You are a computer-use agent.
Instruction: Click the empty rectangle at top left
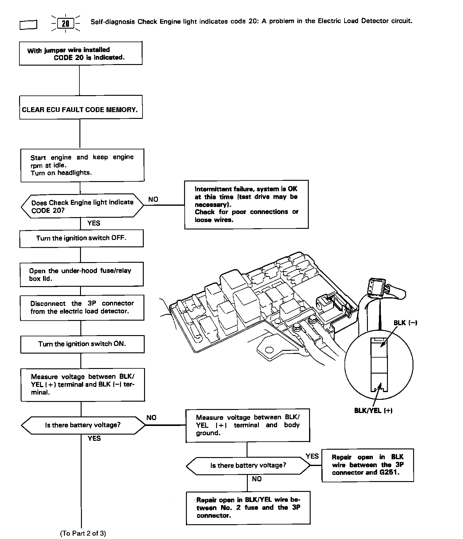pyautogui.click(x=28, y=25)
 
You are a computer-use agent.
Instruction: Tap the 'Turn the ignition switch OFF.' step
pyautogui.click(x=81, y=238)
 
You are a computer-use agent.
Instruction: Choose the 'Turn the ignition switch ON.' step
pyautogui.click(x=82, y=344)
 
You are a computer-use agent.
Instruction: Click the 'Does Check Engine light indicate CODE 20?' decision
pyautogui.click(x=82, y=206)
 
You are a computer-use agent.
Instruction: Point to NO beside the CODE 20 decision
pyautogui.click(x=153, y=200)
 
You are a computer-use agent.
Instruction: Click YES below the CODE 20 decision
pyautogui.click(x=94, y=223)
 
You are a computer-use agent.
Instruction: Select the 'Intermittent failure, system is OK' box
pyautogui.click(x=246, y=204)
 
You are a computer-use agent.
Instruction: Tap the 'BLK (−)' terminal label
pyautogui.click(x=405, y=323)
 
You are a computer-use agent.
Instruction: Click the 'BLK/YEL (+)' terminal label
pyautogui.click(x=373, y=411)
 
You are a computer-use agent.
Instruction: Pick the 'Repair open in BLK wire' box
pyautogui.click(x=368, y=465)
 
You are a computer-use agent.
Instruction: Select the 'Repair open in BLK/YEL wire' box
pyautogui.click(x=248, y=508)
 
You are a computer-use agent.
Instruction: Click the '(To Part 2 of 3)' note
pyautogui.click(x=83, y=533)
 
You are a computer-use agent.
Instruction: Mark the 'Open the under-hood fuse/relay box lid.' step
pyautogui.click(x=81, y=274)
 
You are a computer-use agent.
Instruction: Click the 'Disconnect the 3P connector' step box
pyautogui.click(x=82, y=307)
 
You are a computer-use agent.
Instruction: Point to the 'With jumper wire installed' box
pyautogui.click(x=80, y=53)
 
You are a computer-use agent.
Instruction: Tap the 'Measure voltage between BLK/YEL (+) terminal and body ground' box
pyautogui.click(x=248, y=425)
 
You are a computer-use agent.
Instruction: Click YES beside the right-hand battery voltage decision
pyautogui.click(x=312, y=456)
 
